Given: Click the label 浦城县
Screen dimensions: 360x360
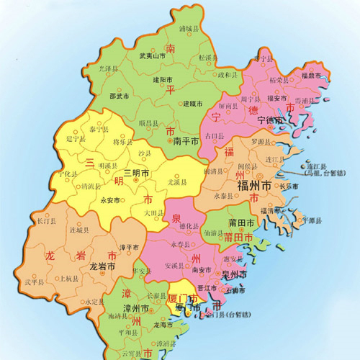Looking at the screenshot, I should pyautogui.click(x=189, y=30).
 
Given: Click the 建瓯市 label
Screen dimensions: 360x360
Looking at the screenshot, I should pyautogui.click(x=192, y=103).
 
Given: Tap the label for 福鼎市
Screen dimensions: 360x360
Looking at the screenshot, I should pyautogui.click(x=315, y=75).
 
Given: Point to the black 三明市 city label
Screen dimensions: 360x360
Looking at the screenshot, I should pyautogui.click(x=136, y=174).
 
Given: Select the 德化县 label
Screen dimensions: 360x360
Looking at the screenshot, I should pyautogui.click(x=189, y=226).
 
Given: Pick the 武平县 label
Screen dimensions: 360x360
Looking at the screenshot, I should pyautogui.click(x=34, y=282).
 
